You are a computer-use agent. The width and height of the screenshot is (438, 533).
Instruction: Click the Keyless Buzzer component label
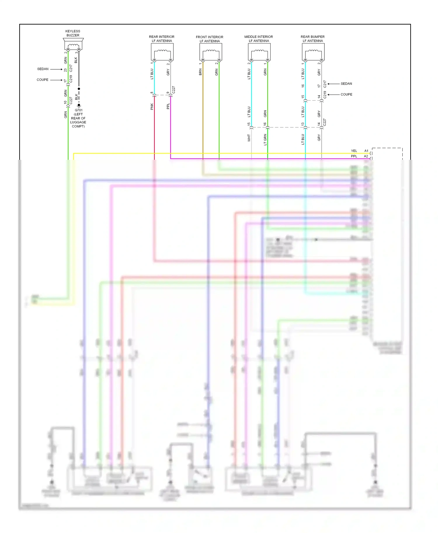(x=73, y=33)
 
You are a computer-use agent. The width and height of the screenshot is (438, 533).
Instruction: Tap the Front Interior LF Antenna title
(x=209, y=39)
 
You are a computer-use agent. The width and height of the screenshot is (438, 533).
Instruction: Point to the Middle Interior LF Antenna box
(x=259, y=52)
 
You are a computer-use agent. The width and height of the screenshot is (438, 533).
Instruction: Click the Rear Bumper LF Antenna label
(x=312, y=39)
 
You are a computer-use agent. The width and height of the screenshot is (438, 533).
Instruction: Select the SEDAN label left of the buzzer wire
(x=43, y=69)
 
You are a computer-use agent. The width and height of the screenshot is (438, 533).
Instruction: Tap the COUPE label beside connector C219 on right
(x=346, y=94)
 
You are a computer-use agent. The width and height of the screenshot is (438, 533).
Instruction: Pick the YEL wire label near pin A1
(x=354, y=151)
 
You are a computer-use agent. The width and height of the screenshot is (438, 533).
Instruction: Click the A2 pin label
(x=366, y=156)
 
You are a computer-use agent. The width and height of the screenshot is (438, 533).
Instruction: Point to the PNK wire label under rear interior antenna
(x=152, y=106)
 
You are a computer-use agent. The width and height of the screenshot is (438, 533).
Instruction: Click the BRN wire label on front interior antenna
(x=200, y=72)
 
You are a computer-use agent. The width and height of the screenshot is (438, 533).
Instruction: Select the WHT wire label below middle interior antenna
(x=249, y=138)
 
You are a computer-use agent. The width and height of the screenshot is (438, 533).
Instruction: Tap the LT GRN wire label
(x=265, y=140)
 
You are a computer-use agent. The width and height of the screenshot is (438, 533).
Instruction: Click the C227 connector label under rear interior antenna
(x=174, y=90)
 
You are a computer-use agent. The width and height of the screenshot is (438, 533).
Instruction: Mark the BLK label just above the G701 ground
(x=77, y=97)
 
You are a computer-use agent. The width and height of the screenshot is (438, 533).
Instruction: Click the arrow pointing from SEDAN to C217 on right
(x=333, y=84)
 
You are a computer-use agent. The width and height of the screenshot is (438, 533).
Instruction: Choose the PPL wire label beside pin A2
(x=354, y=156)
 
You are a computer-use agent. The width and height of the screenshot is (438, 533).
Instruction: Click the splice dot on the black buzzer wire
(x=79, y=89)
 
